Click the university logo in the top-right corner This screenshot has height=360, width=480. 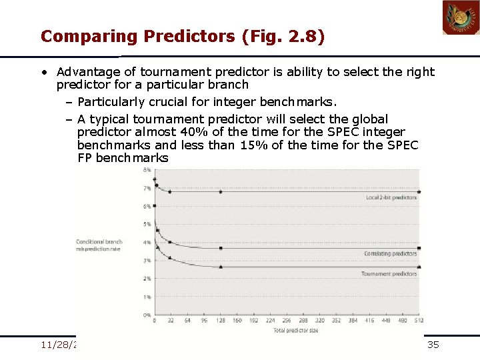[x=461, y=17]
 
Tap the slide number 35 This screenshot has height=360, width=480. [x=433, y=345]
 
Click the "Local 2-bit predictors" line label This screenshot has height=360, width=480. [x=392, y=197]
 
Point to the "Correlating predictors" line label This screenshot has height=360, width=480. [x=391, y=254]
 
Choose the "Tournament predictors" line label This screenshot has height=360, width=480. [x=390, y=273]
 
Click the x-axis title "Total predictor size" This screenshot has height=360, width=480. [x=286, y=329]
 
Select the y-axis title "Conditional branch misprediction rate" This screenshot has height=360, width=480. [x=99, y=245]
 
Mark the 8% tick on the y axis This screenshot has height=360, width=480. [x=146, y=171]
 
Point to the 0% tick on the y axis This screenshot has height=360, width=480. [x=146, y=314]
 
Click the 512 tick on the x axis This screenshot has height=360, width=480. [x=418, y=321]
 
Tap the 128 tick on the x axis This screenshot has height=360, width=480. [x=220, y=321]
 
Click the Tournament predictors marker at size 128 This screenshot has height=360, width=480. [x=221, y=267]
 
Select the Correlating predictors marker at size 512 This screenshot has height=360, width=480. [x=419, y=248]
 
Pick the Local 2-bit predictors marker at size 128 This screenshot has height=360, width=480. [x=221, y=192]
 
